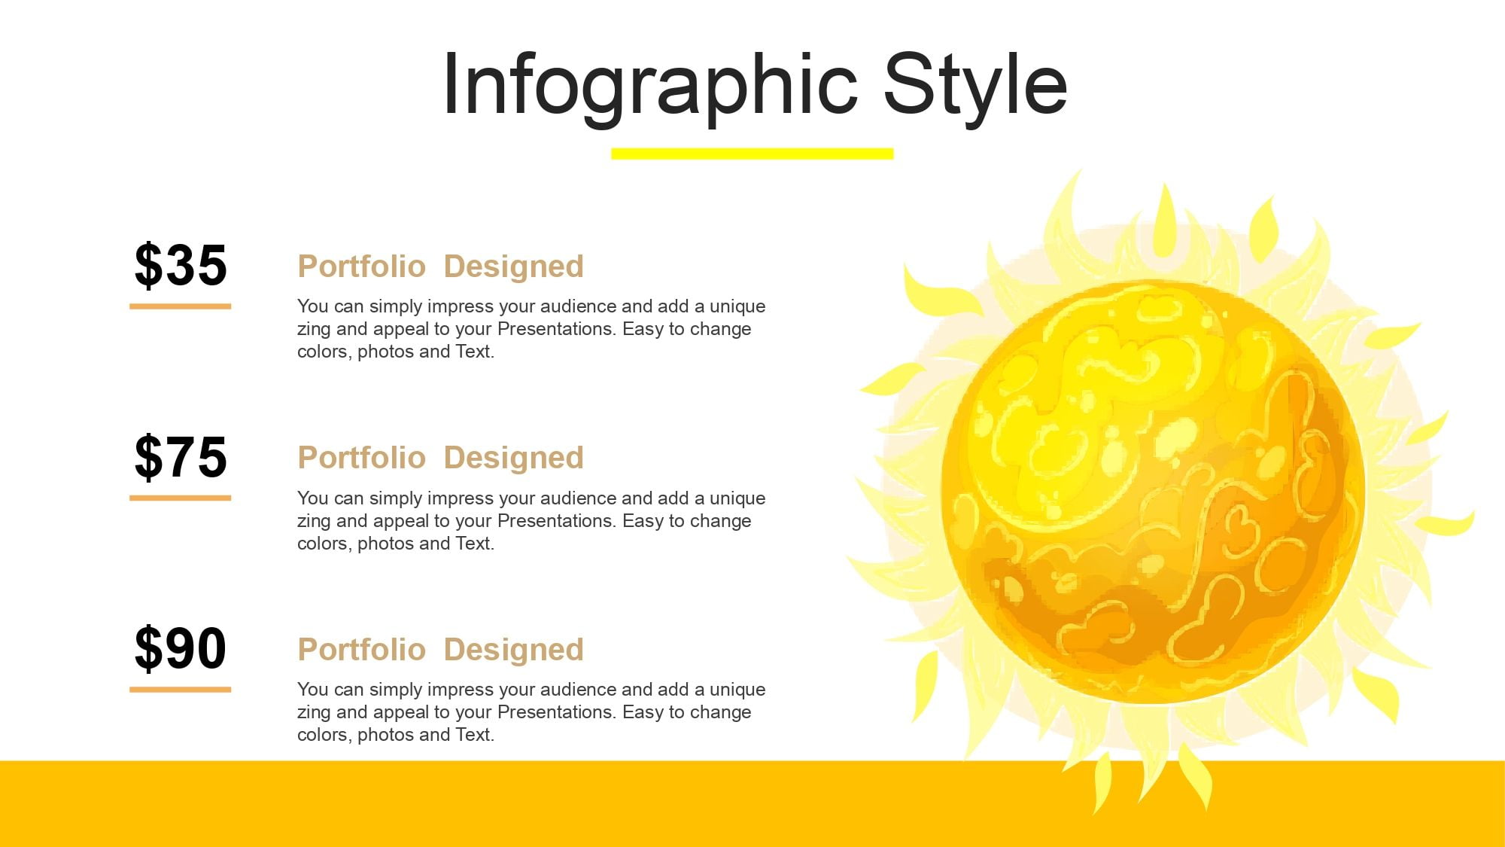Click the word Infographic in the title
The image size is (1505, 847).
tap(650, 86)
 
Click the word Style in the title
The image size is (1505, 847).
tap(975, 86)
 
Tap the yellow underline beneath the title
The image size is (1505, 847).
tap(752, 154)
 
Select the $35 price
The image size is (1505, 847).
tap(181, 265)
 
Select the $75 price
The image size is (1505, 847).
tap(181, 457)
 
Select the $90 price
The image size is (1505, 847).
tap(181, 648)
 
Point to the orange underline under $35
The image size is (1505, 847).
tap(180, 306)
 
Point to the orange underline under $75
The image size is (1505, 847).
tap(180, 498)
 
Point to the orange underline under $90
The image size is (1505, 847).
tap(180, 689)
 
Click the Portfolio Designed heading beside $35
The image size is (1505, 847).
tap(440, 267)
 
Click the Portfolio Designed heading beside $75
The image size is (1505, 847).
tap(440, 458)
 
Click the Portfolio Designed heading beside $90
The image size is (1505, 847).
tap(440, 650)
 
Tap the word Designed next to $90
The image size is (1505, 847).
tap(513, 650)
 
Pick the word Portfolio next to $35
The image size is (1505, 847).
tap(361, 267)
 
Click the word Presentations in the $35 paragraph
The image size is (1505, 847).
tap(556, 329)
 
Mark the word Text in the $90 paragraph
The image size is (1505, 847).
tap(473, 735)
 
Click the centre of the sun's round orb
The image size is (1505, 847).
tap(1152, 492)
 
